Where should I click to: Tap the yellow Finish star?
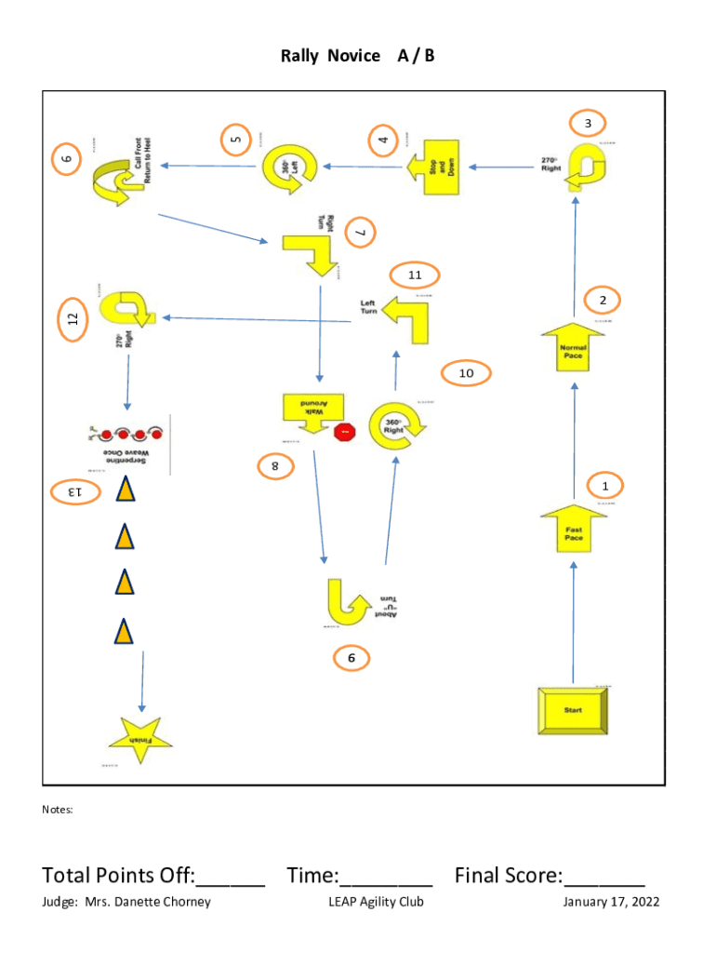pyautogui.click(x=140, y=740)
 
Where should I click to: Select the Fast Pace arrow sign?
pyautogui.click(x=574, y=531)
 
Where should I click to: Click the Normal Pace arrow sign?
pyautogui.click(x=573, y=349)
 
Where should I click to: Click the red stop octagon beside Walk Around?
pyautogui.click(x=344, y=432)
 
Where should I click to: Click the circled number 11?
pyautogui.click(x=415, y=275)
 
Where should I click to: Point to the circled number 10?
pyautogui.click(x=466, y=373)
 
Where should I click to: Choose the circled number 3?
pyautogui.click(x=588, y=123)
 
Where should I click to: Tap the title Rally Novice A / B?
pyautogui.click(x=358, y=56)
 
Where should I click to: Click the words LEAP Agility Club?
pyautogui.click(x=376, y=901)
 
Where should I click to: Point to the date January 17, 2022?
pyautogui.click(x=611, y=901)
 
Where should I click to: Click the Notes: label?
pyautogui.click(x=57, y=810)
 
